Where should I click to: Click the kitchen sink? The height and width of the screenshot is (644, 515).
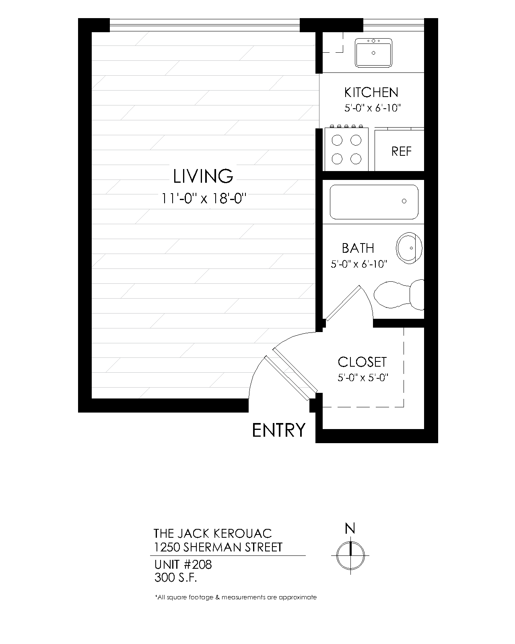(373, 52)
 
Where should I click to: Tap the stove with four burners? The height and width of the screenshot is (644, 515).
(346, 149)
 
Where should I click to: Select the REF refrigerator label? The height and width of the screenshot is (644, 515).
(401, 151)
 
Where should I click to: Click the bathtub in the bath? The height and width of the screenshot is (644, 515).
(374, 202)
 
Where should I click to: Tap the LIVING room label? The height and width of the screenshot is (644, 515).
(203, 176)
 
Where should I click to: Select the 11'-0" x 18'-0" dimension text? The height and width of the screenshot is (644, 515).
(203, 198)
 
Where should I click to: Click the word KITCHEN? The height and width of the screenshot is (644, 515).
(371, 92)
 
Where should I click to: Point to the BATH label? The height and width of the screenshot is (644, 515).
(358, 248)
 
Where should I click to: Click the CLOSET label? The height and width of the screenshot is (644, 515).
(362, 362)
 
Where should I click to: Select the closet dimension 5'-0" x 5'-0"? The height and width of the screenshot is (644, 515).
(362, 378)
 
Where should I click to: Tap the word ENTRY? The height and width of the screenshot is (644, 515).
(279, 430)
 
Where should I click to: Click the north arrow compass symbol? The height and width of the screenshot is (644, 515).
(350, 555)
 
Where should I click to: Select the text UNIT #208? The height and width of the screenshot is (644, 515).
(183, 565)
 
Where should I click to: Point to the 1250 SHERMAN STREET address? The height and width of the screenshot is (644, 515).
(218, 547)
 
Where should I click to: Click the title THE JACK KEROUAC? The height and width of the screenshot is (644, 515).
(213, 533)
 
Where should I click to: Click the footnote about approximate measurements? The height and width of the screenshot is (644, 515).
(236, 597)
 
